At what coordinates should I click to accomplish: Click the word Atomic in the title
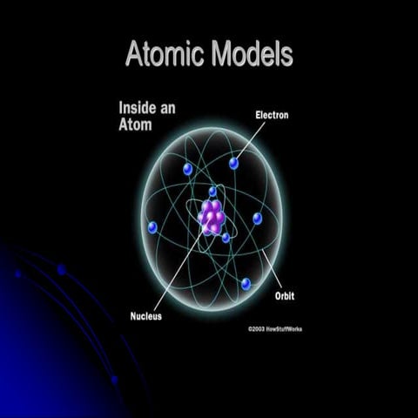[166, 54]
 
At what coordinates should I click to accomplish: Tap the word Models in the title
[251, 54]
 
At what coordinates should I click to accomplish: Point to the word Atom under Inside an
[135, 125]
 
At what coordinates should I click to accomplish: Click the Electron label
[271, 114]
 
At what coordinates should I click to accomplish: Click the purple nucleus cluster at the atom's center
[212, 217]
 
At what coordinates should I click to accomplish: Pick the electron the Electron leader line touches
[233, 164]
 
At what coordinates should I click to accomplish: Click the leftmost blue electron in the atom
[152, 227]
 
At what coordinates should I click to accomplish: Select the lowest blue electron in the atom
[246, 284]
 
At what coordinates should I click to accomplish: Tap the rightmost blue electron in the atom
[257, 218]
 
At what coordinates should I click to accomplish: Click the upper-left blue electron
[186, 169]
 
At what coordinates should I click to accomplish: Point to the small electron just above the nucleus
[212, 191]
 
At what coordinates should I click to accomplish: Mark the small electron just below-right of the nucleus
[226, 237]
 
